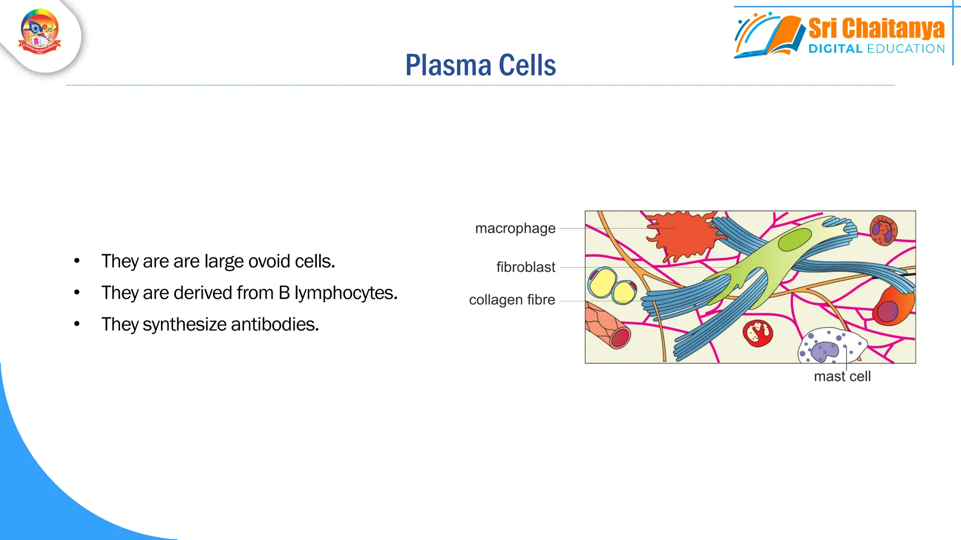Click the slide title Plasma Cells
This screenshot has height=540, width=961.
point(480,65)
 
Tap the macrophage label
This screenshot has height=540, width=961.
point(515,228)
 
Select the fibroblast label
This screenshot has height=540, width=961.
point(526,267)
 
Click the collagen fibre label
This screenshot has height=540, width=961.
point(512,300)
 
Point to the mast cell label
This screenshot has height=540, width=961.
point(842,376)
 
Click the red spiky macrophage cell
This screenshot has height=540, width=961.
point(680,234)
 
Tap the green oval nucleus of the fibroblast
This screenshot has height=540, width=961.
point(794,239)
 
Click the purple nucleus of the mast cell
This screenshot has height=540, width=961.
point(824,350)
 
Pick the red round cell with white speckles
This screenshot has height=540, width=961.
point(757,333)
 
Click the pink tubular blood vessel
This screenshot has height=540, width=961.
point(608,326)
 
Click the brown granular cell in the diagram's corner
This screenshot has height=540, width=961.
point(883,230)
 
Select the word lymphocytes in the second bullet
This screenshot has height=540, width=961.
point(345,293)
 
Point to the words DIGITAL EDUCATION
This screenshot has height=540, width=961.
point(876,49)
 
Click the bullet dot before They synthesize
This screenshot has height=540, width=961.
point(77,324)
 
